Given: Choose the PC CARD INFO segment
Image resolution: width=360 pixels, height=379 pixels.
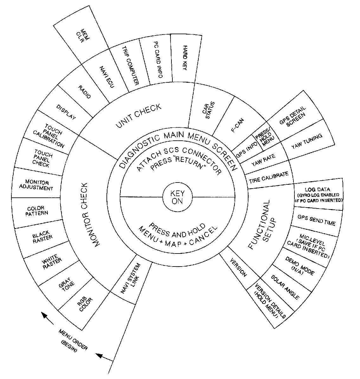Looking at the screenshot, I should tap(157, 60).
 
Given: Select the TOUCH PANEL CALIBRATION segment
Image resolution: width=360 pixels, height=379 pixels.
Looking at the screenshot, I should tap(51, 136).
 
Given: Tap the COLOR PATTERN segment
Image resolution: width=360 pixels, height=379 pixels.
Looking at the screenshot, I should tap(37, 211).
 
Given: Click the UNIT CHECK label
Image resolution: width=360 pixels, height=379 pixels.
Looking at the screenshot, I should tap(138, 116).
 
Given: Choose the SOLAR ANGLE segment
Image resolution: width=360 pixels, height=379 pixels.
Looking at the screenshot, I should tap(285, 287).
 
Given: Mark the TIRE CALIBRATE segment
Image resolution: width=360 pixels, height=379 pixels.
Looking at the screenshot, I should tap(269, 177).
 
